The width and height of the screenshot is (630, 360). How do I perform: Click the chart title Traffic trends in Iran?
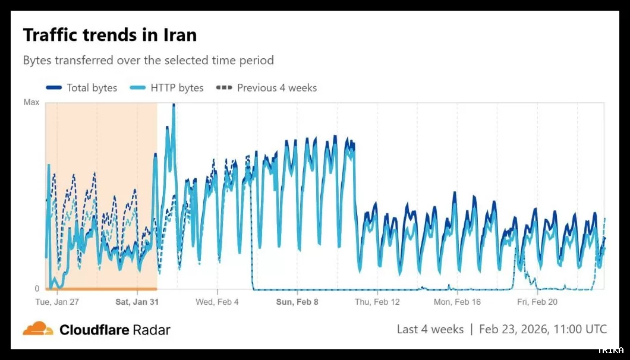coord(110,35)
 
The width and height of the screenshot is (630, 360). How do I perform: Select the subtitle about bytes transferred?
coord(149,61)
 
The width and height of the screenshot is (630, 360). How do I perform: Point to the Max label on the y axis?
coord(31,103)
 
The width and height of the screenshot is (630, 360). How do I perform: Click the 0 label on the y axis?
coord(36,289)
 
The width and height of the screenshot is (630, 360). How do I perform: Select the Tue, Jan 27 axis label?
coord(57,302)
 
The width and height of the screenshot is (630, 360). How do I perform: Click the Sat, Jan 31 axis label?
coord(137,302)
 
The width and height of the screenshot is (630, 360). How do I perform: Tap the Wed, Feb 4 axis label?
coord(217,302)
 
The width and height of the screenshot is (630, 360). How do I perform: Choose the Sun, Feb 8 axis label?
coord(297,302)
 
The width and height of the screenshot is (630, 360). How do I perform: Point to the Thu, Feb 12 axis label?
coord(377,302)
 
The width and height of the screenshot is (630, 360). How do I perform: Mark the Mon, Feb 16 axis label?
coord(457,302)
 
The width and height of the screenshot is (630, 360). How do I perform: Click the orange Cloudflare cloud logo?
coord(38,329)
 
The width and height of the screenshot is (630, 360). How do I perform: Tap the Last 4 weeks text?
coord(430,329)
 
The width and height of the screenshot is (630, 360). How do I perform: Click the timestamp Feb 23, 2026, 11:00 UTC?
coord(543,329)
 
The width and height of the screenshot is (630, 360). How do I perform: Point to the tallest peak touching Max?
coord(174,105)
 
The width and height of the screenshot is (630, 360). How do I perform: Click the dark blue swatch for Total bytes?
coord(54,88)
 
